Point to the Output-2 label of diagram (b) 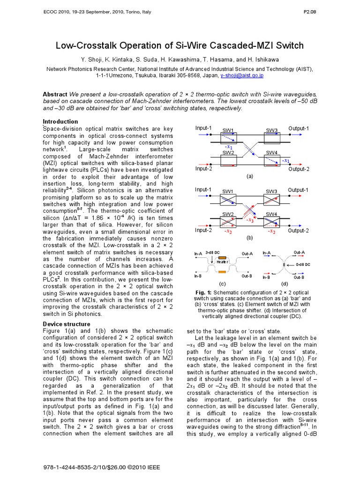299,230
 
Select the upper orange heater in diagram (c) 222,258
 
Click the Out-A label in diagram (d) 299,253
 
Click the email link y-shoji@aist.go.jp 240,75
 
